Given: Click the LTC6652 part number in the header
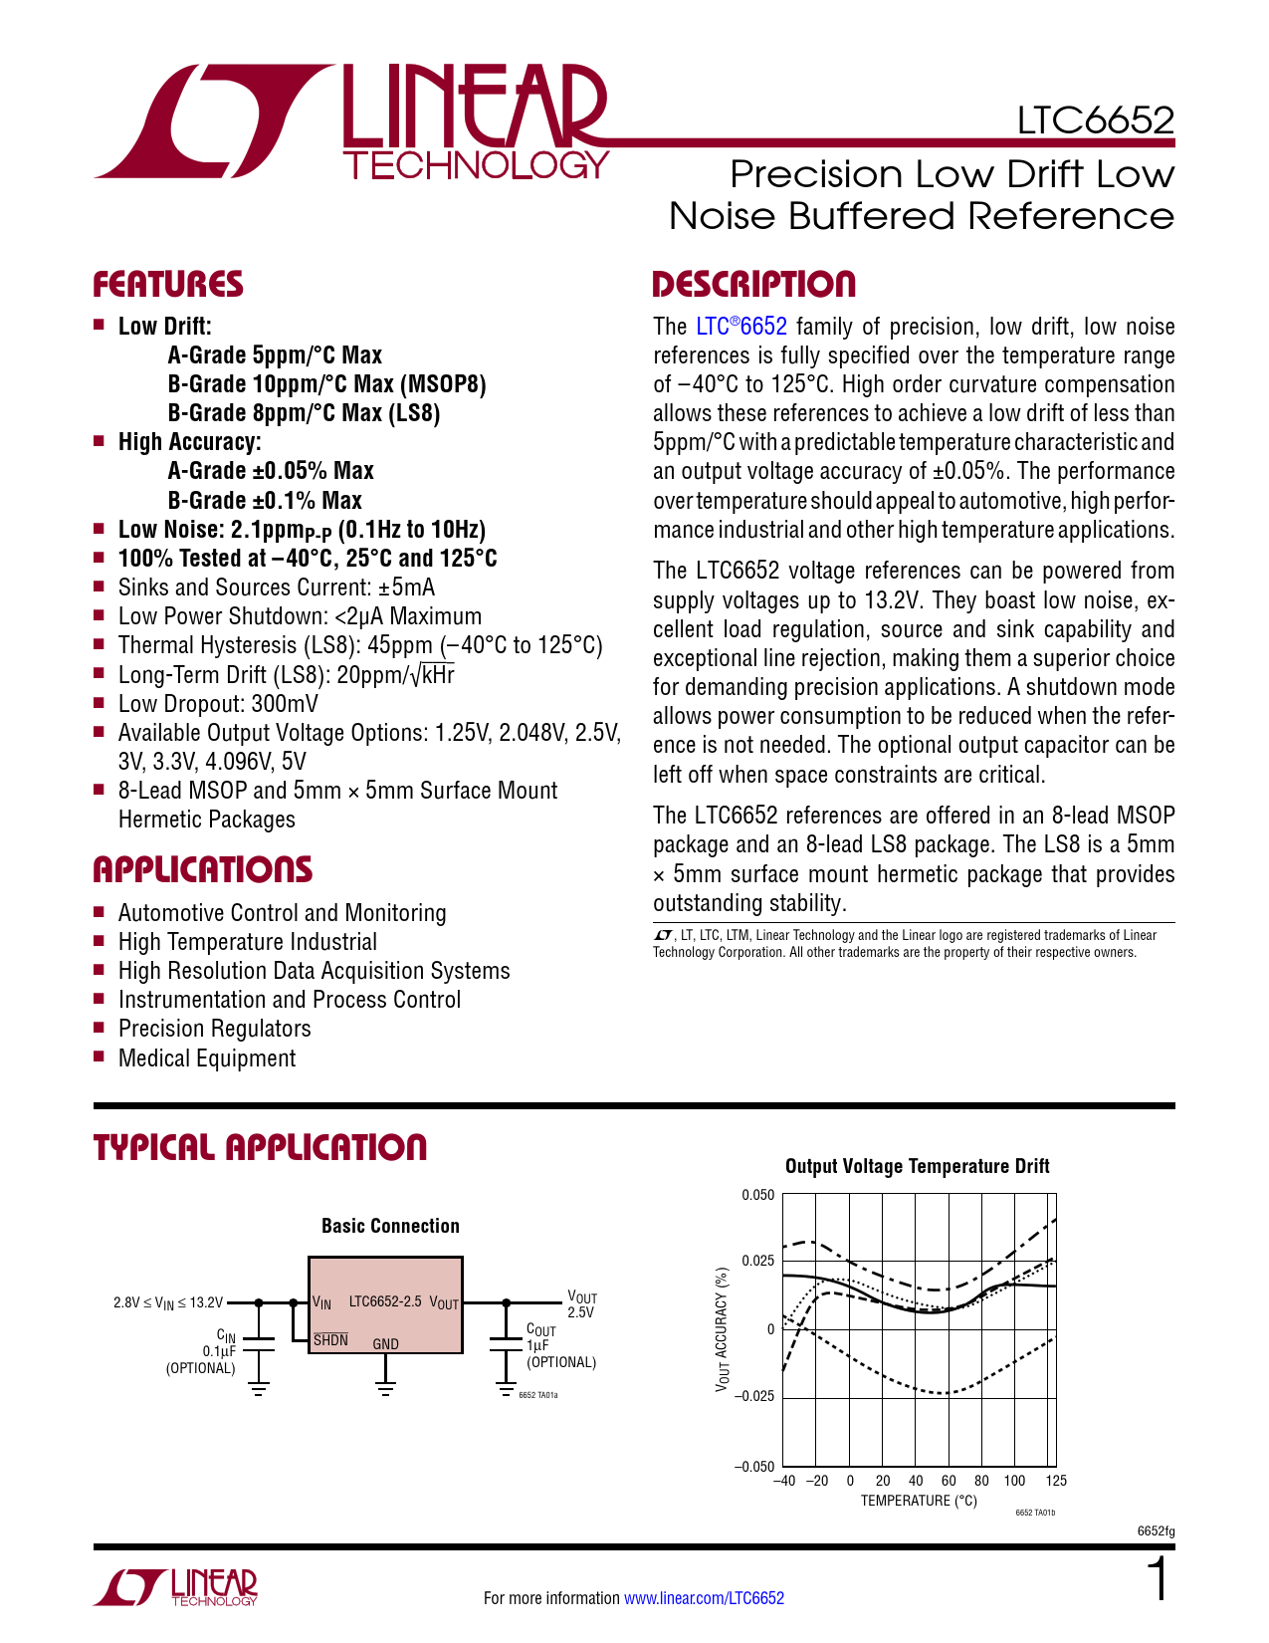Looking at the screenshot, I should tap(1095, 120).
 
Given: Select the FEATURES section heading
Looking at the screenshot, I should tap(168, 285).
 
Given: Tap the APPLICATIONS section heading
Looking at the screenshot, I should tap(203, 870).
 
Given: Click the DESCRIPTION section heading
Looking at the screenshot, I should tap(753, 285).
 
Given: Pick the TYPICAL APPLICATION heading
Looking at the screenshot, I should tap(260, 1148).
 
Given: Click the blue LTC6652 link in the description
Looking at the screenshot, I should tap(741, 327).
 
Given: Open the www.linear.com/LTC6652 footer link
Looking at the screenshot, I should tap(704, 1598).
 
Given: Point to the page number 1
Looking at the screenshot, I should tap(1158, 1580).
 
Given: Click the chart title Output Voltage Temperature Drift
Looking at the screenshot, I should tap(917, 1166).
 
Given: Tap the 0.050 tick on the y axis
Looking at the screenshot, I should tap(757, 1195).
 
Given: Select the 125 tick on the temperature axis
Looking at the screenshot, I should tap(1056, 1481).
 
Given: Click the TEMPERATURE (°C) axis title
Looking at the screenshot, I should tap(919, 1501).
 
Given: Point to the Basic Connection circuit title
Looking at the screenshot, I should tap(390, 1226).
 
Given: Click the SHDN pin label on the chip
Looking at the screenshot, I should tap(330, 1340).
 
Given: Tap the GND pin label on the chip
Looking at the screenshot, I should tap(385, 1344).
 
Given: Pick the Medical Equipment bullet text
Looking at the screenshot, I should tap(207, 1058).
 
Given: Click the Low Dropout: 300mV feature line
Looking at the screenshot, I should tap(218, 704).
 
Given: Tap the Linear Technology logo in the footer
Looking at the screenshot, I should tap(176, 1587).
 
